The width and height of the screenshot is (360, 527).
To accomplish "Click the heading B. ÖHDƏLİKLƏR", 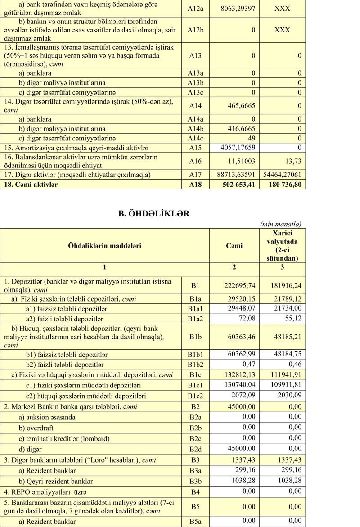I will (153, 214).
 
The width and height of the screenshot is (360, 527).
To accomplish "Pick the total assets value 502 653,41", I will (239, 185).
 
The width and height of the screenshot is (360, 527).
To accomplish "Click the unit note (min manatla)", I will (281, 224).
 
